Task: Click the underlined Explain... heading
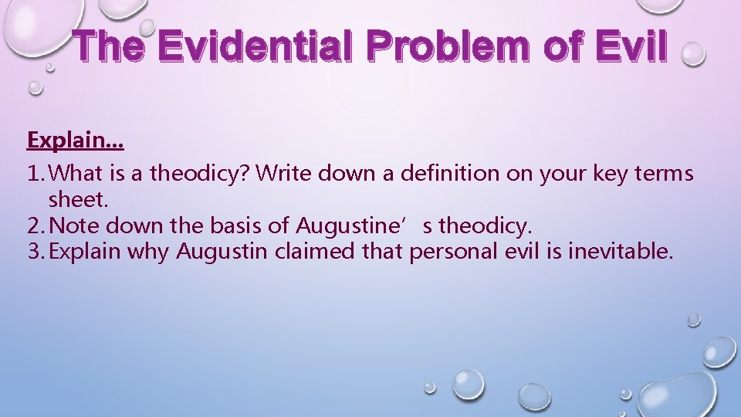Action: pos(76,141)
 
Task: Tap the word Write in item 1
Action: pos(281,174)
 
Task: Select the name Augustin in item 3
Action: pos(216,252)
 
